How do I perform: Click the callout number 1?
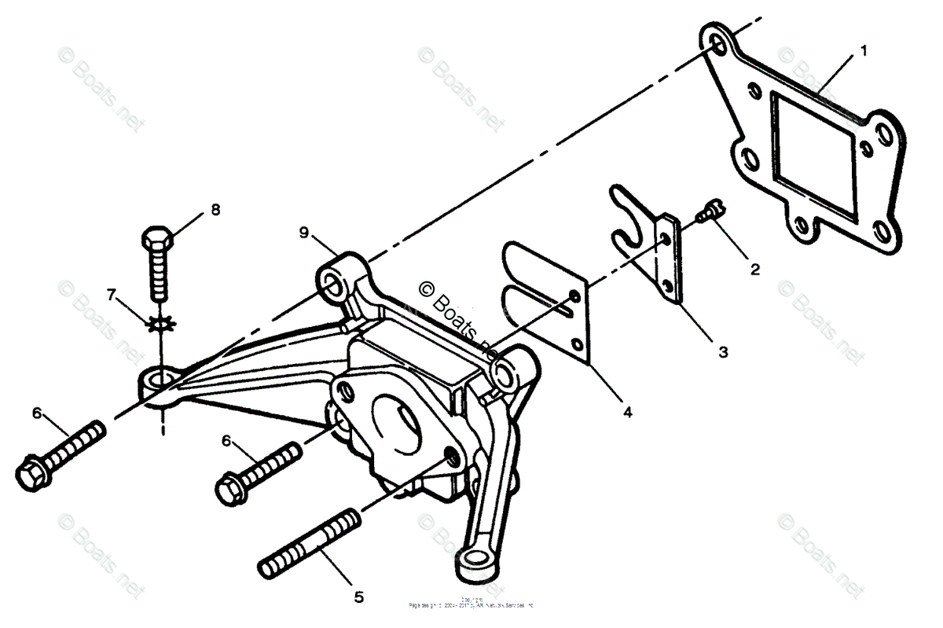coord(864,51)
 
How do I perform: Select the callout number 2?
coord(755,269)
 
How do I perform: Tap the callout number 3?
coord(723,352)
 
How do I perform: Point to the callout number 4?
coord(626,410)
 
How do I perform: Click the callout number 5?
coord(358,597)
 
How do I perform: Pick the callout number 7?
coord(112,295)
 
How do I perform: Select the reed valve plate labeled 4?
coord(550,303)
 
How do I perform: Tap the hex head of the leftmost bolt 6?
coord(31,472)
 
